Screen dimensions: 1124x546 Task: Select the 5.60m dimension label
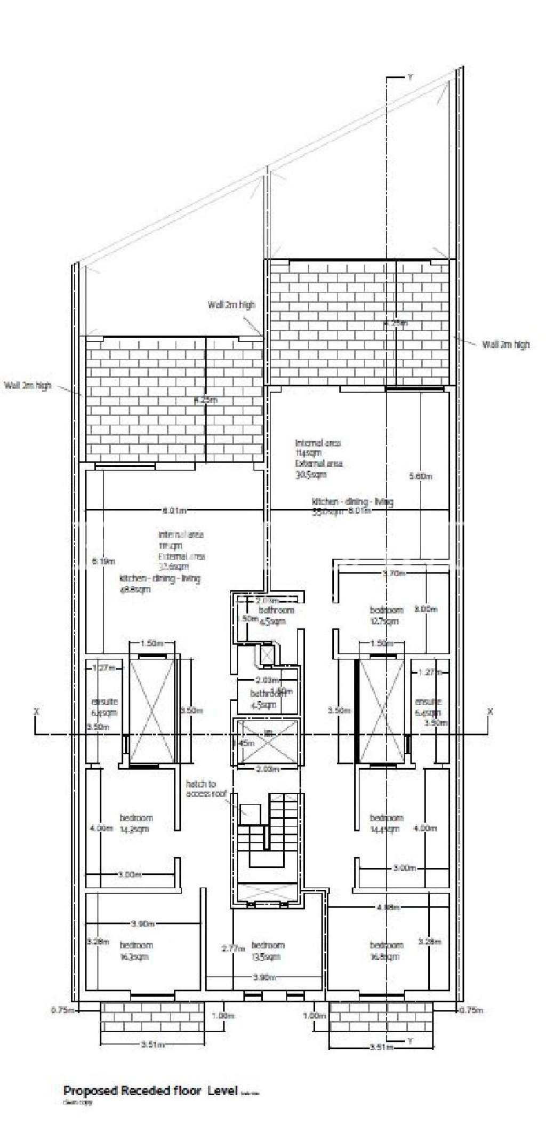(x=420, y=476)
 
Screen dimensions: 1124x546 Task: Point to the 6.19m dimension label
(x=103, y=561)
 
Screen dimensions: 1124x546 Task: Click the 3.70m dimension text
(x=394, y=573)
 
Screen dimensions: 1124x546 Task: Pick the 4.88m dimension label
(x=388, y=907)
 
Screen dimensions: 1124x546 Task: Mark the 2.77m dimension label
(x=233, y=948)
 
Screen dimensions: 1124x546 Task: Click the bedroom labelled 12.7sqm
(x=386, y=615)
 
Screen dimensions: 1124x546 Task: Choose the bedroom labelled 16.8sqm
(x=386, y=951)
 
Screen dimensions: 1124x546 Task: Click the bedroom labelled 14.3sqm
(x=135, y=823)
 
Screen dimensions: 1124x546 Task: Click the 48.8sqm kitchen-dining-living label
(x=159, y=584)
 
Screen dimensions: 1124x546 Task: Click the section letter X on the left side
(x=36, y=711)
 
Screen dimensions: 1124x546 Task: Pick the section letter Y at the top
(x=410, y=78)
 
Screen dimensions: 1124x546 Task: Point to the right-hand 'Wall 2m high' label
(x=505, y=345)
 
